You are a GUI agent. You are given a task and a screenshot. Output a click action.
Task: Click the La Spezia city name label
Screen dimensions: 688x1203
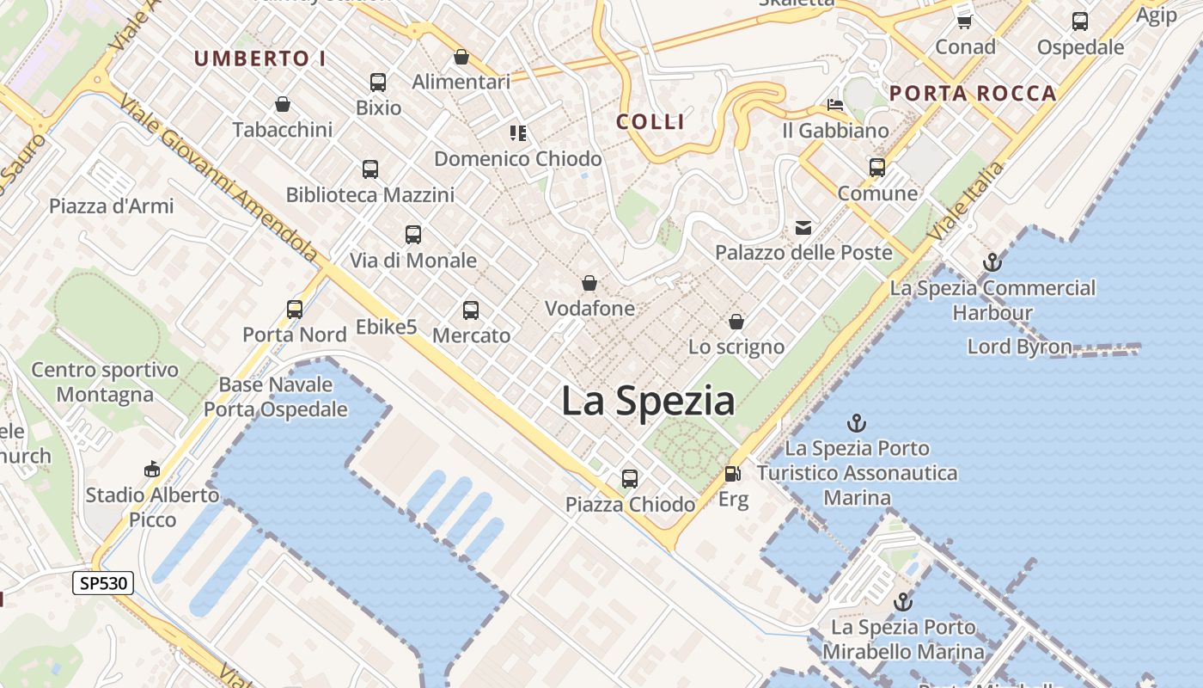pyautogui.click(x=648, y=402)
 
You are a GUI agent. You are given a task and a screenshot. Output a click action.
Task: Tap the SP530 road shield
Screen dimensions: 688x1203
pyautogui.click(x=103, y=583)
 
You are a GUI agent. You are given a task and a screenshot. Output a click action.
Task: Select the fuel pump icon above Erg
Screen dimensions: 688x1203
pyautogui.click(x=732, y=474)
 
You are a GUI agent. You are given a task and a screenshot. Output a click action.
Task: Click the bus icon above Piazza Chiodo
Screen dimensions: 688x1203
pyautogui.click(x=630, y=479)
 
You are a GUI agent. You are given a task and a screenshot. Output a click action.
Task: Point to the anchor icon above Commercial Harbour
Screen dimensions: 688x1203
pyautogui.click(x=992, y=262)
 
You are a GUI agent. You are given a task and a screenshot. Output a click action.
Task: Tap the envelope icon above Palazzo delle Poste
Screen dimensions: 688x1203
pyautogui.click(x=803, y=228)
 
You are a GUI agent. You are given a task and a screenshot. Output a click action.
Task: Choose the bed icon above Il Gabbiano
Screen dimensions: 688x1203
pyautogui.click(x=835, y=105)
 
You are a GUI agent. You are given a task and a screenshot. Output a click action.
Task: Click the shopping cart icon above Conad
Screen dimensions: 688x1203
pyautogui.click(x=965, y=21)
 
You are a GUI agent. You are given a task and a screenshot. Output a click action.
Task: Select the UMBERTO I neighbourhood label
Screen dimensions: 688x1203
pyautogui.click(x=260, y=58)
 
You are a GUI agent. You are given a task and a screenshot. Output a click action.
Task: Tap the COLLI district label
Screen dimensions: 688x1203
pyautogui.click(x=650, y=122)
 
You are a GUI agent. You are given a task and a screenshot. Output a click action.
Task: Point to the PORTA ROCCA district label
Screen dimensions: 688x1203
pyautogui.click(x=973, y=94)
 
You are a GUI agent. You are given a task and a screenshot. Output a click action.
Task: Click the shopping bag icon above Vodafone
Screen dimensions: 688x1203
pyautogui.click(x=589, y=283)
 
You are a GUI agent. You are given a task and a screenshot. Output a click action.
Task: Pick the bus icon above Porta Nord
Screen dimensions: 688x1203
pyautogui.click(x=295, y=309)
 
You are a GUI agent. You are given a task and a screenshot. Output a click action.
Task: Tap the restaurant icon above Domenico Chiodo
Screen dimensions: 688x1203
pyautogui.click(x=517, y=133)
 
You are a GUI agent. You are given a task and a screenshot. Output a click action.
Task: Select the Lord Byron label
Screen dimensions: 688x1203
pyautogui.click(x=1019, y=347)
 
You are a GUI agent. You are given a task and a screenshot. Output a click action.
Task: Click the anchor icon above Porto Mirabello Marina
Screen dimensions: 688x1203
pyautogui.click(x=902, y=602)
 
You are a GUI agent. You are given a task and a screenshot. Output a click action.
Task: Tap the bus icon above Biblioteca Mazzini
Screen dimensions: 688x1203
pyautogui.click(x=370, y=169)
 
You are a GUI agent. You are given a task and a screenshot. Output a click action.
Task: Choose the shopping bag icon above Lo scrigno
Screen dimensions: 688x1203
pyautogui.click(x=736, y=322)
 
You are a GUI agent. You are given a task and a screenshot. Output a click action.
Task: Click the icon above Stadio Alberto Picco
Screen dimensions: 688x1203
pyautogui.click(x=152, y=469)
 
